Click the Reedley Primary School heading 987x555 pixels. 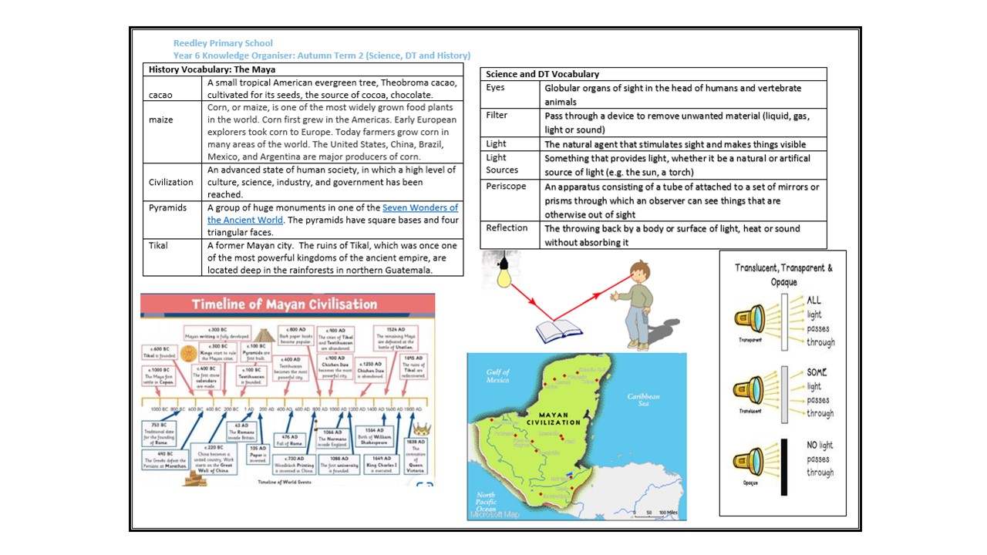(x=223, y=43)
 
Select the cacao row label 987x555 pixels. (x=160, y=95)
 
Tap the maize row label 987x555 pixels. (x=160, y=119)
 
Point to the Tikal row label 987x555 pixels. (x=160, y=245)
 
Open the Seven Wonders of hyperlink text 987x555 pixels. (x=420, y=207)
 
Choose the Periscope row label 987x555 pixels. (x=506, y=187)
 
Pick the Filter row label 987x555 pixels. (x=497, y=115)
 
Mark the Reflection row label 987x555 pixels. (x=507, y=227)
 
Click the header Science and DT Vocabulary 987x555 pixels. (x=542, y=74)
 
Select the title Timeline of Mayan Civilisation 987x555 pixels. (x=285, y=304)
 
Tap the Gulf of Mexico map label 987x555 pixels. (x=498, y=376)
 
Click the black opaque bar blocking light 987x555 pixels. (x=784, y=467)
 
